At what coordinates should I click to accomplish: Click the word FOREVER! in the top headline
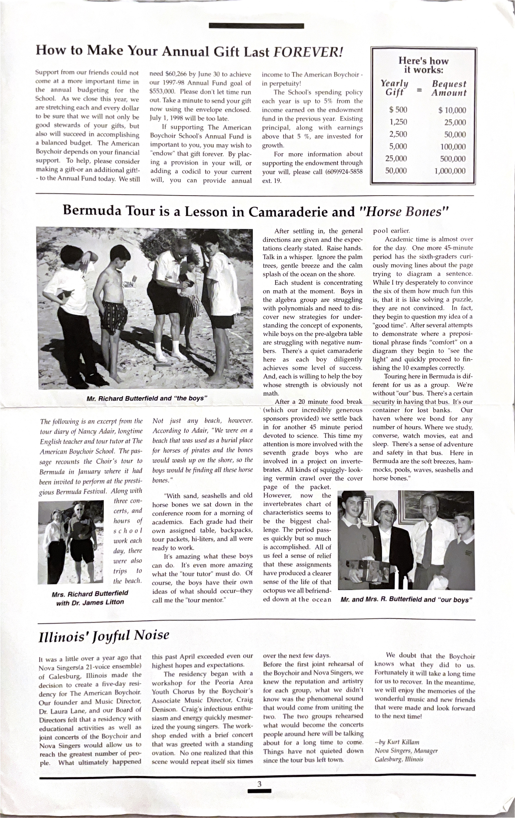point(308,52)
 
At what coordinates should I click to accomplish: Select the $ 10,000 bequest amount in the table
point(452,110)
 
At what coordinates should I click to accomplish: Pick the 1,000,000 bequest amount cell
point(450,171)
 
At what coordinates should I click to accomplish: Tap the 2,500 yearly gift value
point(398,134)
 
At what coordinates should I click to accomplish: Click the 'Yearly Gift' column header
point(394,88)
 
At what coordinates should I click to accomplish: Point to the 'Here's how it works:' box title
point(423,65)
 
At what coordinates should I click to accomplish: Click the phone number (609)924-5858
point(344,172)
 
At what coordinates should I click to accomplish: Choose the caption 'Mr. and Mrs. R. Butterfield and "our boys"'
point(406,600)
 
